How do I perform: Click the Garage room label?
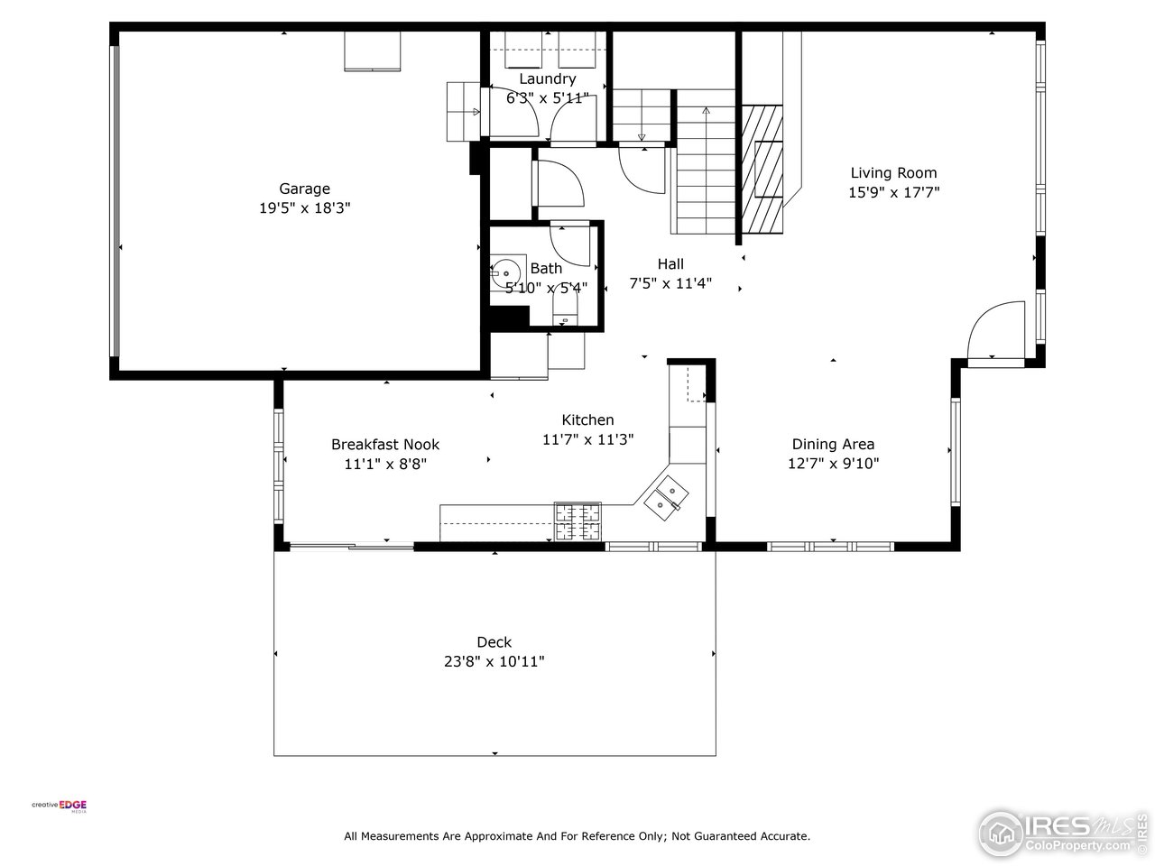coord(304,189)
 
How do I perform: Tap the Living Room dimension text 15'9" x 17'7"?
coord(893,192)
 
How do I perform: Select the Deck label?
coord(494,642)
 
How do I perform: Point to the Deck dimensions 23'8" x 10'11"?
coord(494,661)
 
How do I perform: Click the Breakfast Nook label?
coord(385,445)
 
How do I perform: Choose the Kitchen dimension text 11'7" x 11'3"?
coord(587,439)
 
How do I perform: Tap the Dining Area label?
coord(833,445)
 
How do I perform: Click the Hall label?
coord(670,264)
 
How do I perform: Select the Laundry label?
coord(547,79)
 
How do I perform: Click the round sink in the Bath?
coord(505,273)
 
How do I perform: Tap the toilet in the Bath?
coord(565,306)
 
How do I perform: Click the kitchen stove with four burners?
coord(577,521)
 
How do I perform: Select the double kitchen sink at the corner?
coord(666,498)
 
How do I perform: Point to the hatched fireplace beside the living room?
coord(762,170)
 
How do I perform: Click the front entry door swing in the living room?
coord(996,330)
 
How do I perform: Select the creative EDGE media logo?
coord(60,806)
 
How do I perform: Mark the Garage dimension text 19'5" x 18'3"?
coord(304,208)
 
